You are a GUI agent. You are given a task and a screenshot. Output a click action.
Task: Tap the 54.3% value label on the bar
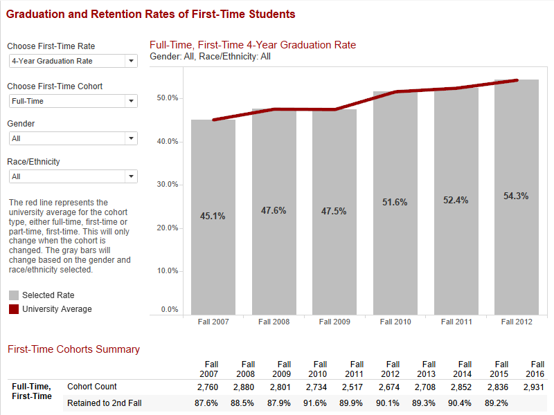516,196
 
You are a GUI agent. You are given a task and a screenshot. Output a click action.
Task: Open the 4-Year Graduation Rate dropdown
73,61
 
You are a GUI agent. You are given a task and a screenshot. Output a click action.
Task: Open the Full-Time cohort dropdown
73,101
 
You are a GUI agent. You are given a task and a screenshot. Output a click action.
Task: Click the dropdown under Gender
73,138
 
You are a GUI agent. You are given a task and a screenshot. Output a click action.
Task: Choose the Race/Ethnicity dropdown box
73,176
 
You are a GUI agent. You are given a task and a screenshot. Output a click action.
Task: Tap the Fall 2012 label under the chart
516,322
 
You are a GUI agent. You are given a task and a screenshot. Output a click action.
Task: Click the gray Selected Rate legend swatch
14,295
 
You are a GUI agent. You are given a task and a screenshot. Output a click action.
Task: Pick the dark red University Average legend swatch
14,309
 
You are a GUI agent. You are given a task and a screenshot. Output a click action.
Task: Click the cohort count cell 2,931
533,387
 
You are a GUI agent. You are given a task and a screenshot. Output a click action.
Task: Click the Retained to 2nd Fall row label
104,403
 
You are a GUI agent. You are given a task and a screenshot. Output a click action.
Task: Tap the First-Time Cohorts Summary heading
73,349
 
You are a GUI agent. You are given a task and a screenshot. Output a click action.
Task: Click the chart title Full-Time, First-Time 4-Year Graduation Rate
253,45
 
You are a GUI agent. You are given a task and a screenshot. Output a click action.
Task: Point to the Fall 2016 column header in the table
535,369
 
